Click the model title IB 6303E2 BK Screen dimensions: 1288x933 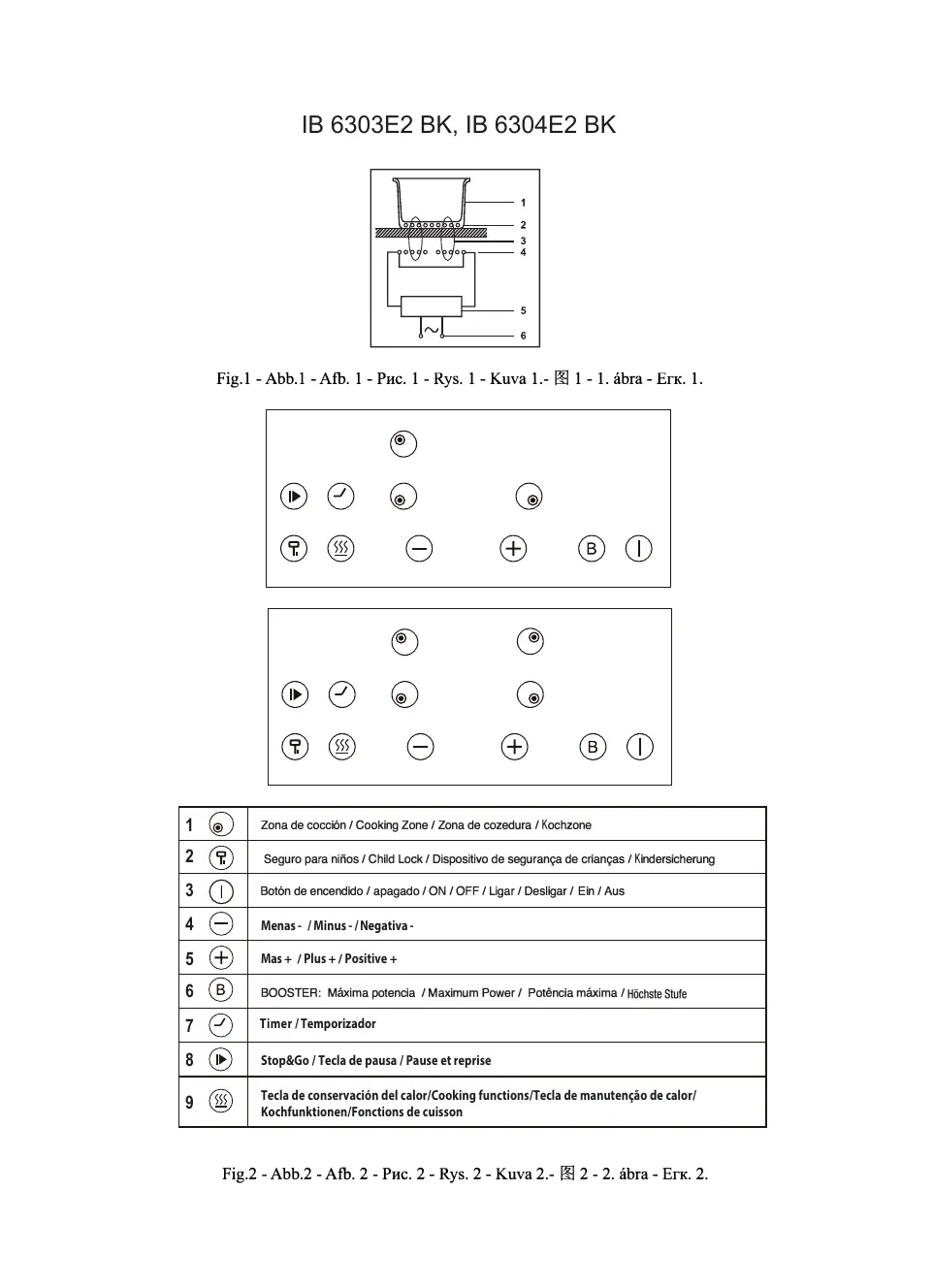[377, 125]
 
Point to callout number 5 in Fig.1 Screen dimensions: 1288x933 [523, 311]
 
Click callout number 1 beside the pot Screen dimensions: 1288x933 [523, 203]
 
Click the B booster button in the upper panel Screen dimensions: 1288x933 [591, 549]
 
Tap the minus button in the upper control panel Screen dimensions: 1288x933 [419, 549]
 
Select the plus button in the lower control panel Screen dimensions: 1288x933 [514, 747]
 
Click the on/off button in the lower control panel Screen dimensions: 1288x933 [640, 747]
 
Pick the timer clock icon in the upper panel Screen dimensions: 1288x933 [341, 497]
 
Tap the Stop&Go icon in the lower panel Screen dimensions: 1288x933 [295, 694]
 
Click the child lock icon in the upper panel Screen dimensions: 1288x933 [294, 549]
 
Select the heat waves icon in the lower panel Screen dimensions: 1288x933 [342, 747]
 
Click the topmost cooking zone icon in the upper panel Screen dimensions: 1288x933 [402, 443]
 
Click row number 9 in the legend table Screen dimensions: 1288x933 [189, 1103]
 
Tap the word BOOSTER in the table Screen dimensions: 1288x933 [290, 993]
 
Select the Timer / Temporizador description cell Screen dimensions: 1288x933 [317, 1024]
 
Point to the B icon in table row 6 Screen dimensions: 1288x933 [221, 990]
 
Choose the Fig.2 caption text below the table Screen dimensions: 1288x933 [465, 1174]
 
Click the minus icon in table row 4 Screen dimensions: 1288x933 [221, 924]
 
